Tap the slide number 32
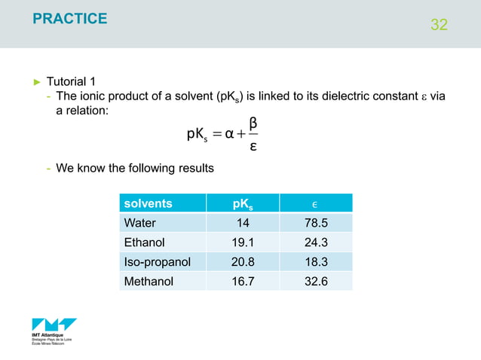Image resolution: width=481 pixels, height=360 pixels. coord(439,25)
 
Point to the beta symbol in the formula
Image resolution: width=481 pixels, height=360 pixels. coord(253,122)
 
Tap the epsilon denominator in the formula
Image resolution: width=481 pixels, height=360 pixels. coord(253,146)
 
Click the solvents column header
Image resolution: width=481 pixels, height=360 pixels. coord(148,203)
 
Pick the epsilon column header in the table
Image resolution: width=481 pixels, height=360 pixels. coord(315,203)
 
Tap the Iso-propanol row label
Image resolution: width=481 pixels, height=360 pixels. coord(155,262)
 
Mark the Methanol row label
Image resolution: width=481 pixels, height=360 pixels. coord(149,282)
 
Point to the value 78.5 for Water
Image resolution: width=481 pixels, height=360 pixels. coord(315,223)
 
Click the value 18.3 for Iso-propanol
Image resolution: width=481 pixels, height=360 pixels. coord(315,262)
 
